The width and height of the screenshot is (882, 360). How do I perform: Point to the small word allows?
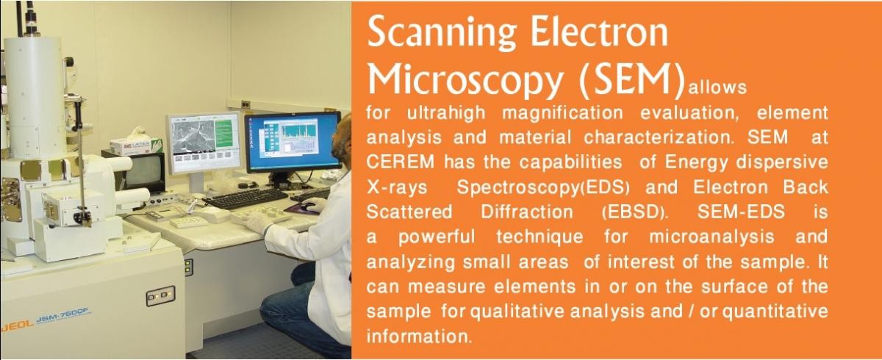717,87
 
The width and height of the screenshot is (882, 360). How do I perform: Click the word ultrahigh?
446,113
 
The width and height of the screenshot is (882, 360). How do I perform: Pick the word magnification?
563,113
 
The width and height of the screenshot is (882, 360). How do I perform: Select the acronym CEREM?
401,162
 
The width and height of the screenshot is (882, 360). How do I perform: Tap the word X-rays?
397,187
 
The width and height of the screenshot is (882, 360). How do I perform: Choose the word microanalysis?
711,237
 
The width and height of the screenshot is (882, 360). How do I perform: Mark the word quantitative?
775,312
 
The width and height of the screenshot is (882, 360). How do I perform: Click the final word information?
419,336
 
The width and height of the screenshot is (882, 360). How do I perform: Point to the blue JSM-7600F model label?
64,317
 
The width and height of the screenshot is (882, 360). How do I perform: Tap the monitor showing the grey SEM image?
204,143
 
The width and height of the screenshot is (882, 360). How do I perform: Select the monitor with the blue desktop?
293,142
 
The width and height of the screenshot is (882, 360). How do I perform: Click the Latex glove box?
135,146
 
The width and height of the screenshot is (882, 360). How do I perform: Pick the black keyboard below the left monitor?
245,198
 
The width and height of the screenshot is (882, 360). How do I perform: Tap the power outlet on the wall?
245,104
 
